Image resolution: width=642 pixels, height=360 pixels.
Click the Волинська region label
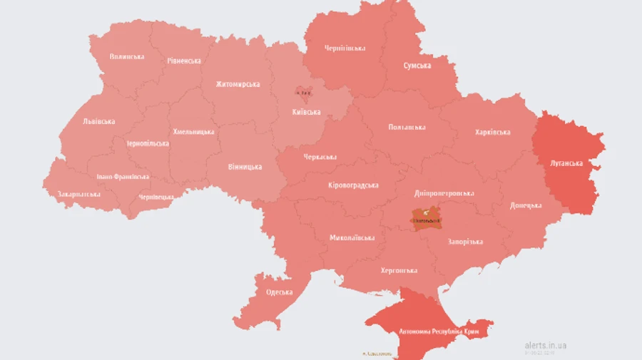(x=127, y=56)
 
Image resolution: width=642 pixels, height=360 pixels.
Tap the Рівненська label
(x=184, y=61)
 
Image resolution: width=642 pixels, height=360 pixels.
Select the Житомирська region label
(x=238, y=84)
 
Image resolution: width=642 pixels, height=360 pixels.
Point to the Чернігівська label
(x=345, y=48)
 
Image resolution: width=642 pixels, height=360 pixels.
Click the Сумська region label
(x=417, y=66)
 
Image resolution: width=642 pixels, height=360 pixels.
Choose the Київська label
(x=306, y=112)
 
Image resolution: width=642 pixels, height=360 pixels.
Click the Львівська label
(x=98, y=121)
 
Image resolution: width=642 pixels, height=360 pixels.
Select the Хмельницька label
(x=193, y=132)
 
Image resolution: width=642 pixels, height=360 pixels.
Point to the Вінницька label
(x=245, y=167)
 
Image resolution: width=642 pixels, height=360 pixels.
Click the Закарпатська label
(x=78, y=194)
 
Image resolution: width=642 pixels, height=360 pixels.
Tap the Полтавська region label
(x=407, y=127)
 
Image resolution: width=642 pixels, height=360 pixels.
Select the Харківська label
(x=492, y=133)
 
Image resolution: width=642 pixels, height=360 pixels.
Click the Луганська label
(x=566, y=163)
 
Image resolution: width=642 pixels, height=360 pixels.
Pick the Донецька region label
(x=526, y=205)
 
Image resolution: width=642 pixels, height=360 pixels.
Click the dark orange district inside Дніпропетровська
(x=426, y=219)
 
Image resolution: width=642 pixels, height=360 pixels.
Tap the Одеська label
(x=279, y=292)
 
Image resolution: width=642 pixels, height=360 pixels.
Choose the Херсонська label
(x=399, y=270)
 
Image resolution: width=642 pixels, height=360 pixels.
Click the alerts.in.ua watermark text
(x=545, y=345)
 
